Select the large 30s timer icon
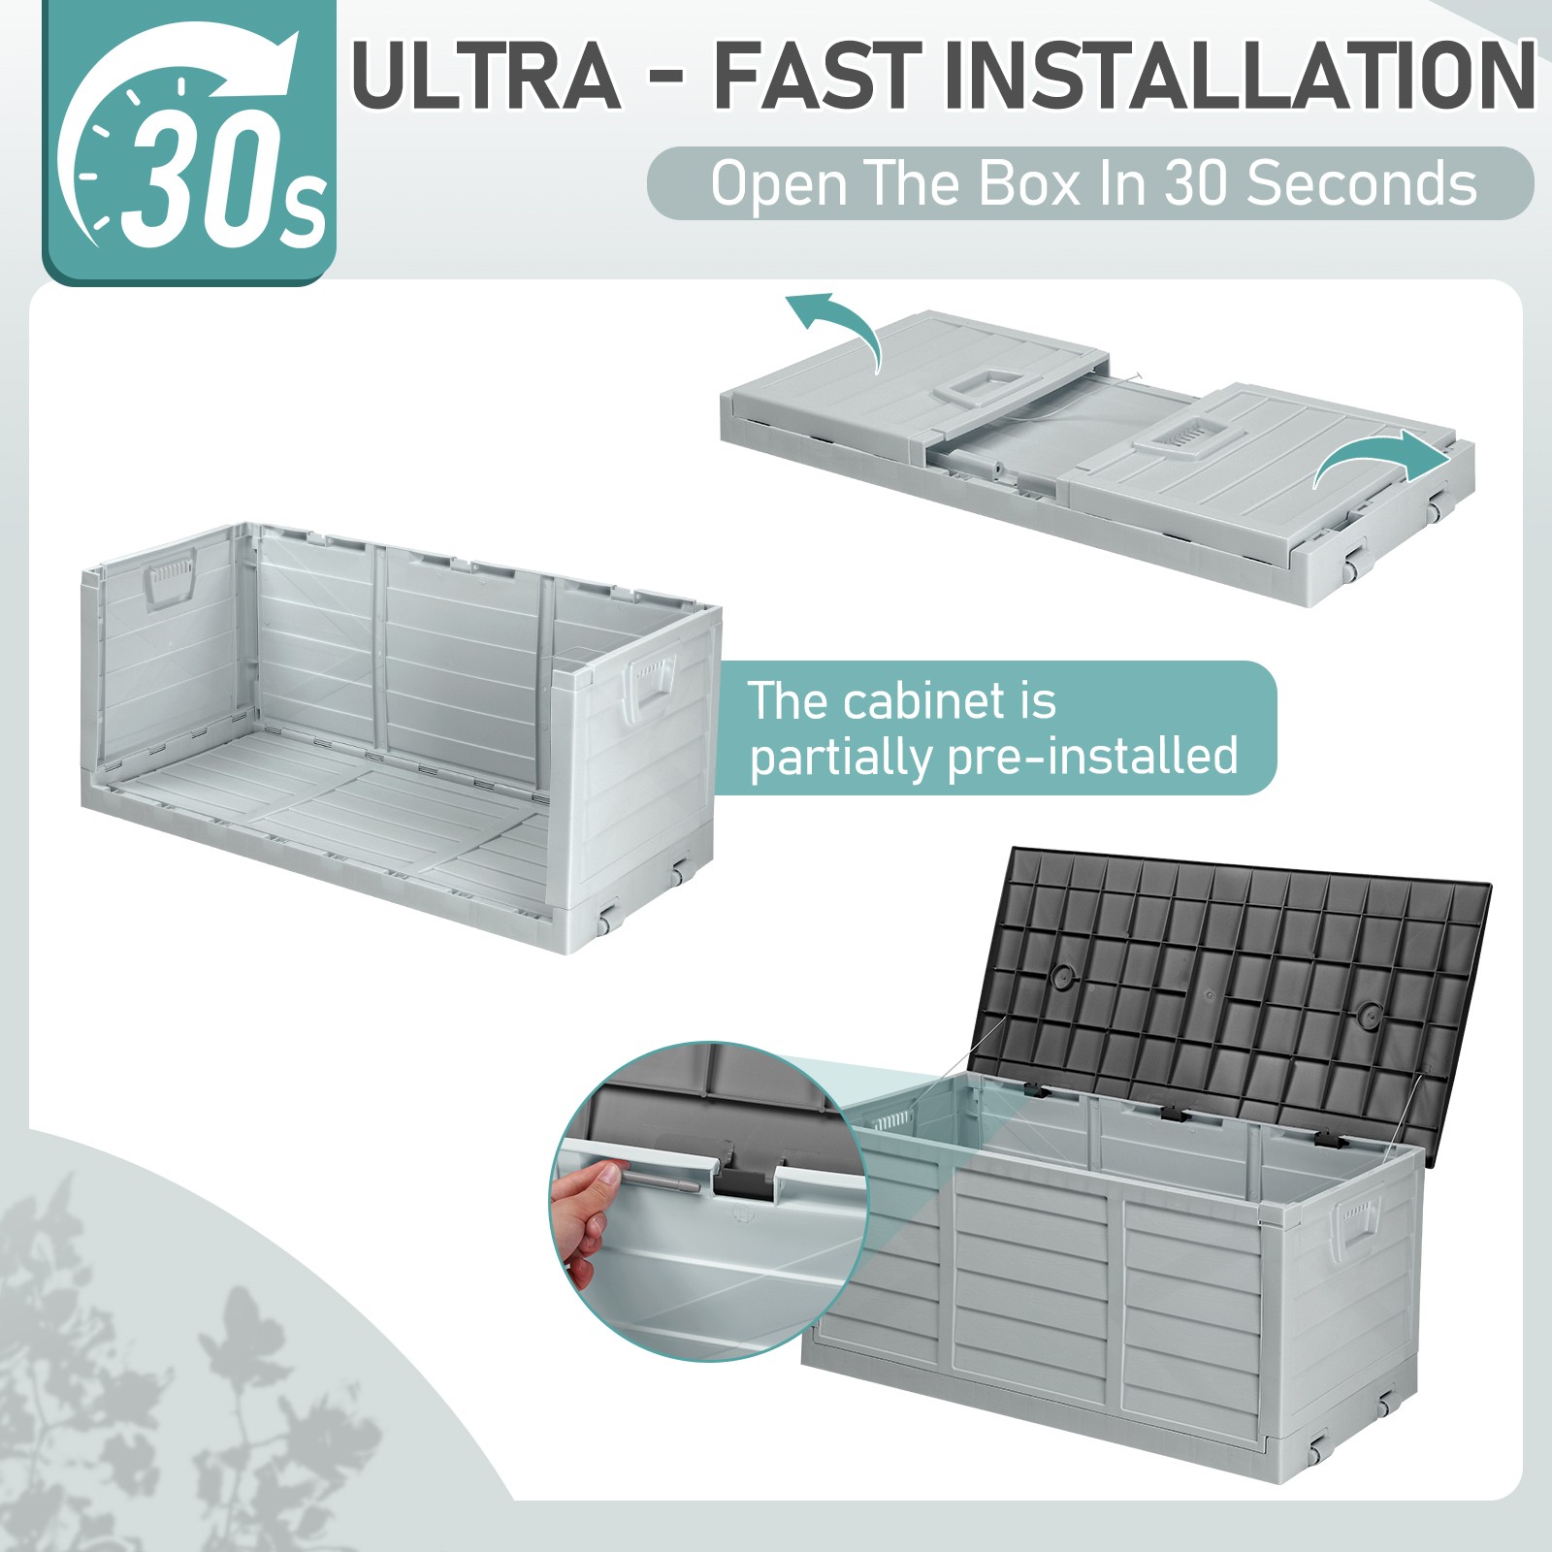click(x=190, y=143)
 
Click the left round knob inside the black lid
click(x=1064, y=978)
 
